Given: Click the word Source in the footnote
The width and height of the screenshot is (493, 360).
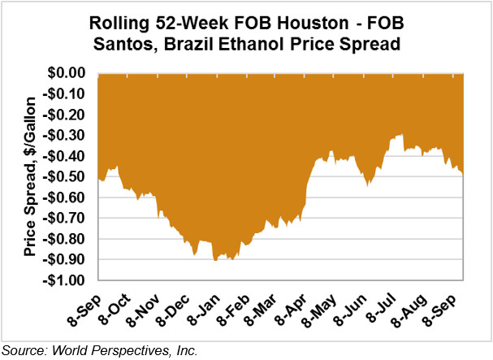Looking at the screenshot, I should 24,350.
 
